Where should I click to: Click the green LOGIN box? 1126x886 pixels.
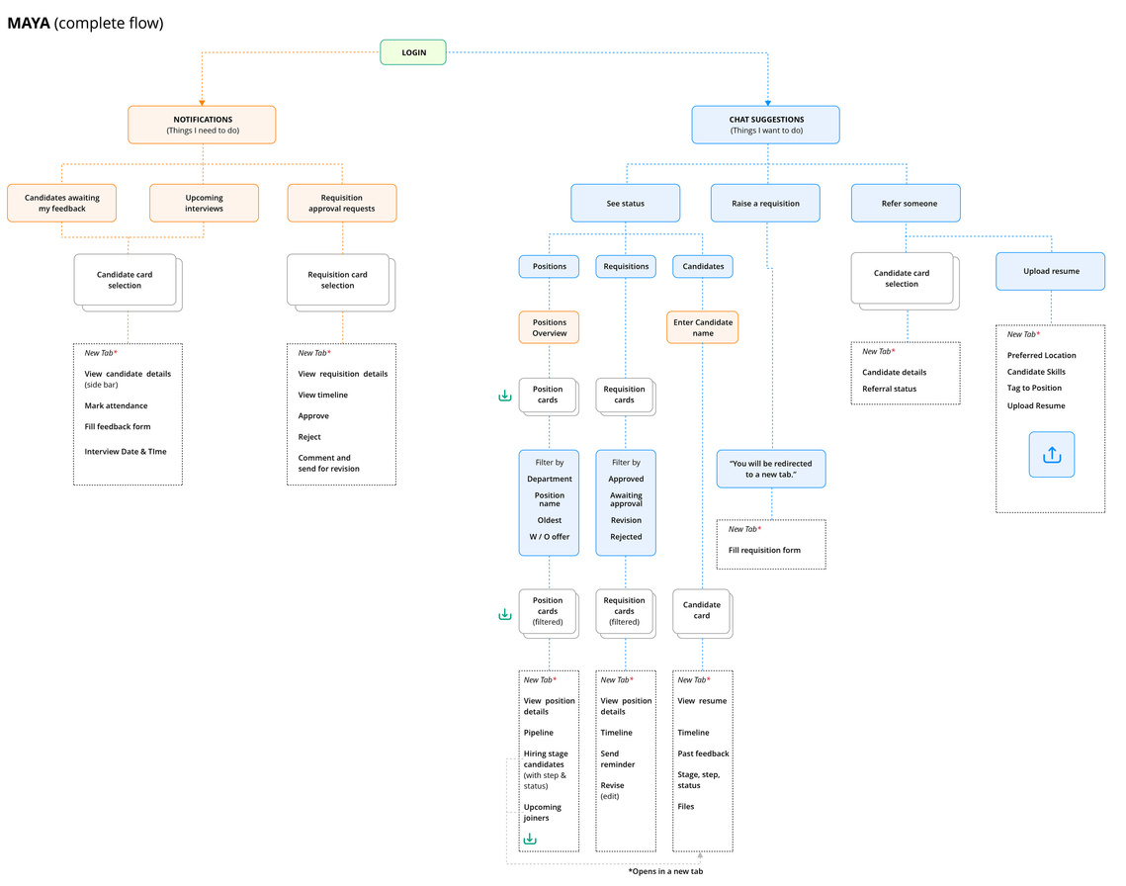(x=413, y=52)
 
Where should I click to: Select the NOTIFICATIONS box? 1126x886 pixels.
(x=202, y=125)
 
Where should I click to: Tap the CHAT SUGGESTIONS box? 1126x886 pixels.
(x=765, y=125)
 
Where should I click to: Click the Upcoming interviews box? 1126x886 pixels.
(x=204, y=203)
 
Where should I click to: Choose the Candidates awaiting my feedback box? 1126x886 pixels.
(x=61, y=203)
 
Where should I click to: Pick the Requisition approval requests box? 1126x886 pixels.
(x=342, y=203)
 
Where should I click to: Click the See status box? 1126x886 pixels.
(x=626, y=204)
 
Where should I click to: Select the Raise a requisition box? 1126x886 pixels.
(x=765, y=204)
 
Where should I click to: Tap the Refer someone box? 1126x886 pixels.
(x=906, y=204)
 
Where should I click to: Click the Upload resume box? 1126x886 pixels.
(x=1051, y=272)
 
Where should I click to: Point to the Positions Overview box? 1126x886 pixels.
(x=550, y=327)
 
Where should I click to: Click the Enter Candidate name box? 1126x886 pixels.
(x=702, y=327)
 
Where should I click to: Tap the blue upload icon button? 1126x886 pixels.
(x=1051, y=455)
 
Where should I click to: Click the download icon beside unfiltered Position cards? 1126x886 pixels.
(x=505, y=396)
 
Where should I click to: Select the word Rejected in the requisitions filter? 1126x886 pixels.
(x=626, y=537)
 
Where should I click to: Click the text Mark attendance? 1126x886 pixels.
(x=117, y=406)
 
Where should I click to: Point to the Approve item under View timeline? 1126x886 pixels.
(x=313, y=416)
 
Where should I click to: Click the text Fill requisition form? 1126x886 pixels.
(x=765, y=551)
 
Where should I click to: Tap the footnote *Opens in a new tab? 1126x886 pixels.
(x=665, y=871)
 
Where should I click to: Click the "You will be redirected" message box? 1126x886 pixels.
(x=771, y=470)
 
